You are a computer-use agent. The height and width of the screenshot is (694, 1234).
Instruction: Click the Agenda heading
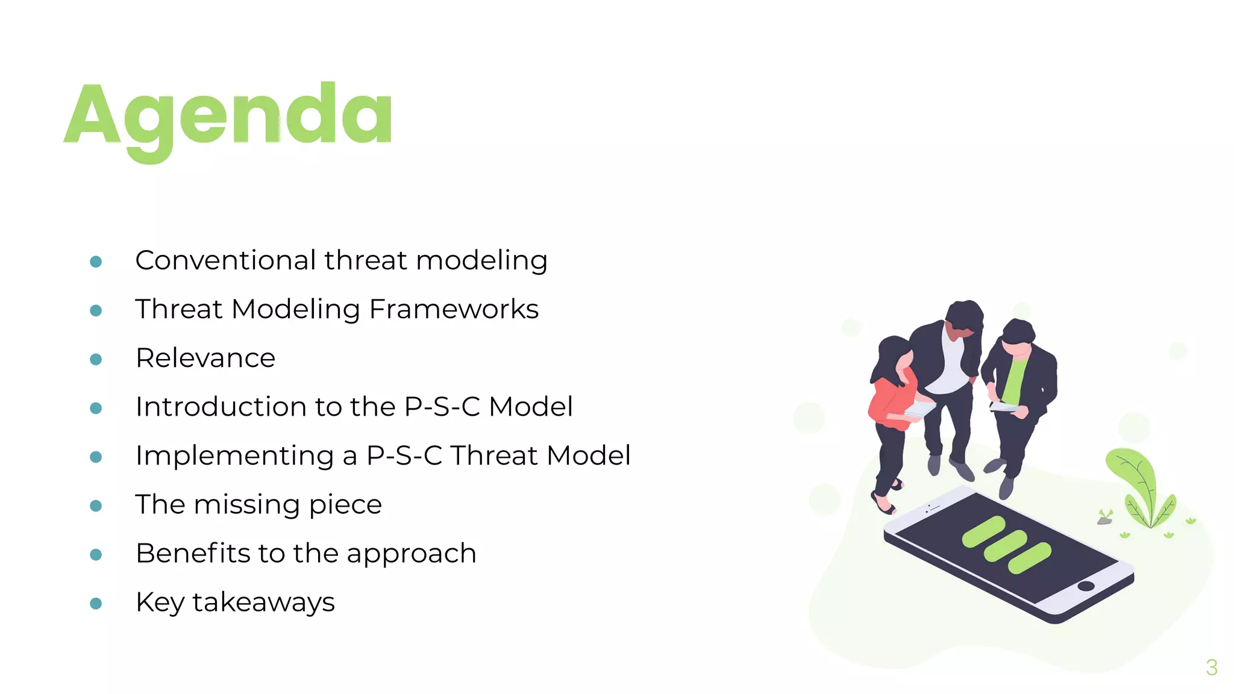click(x=228, y=117)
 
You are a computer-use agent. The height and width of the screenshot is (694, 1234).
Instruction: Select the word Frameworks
click(x=453, y=309)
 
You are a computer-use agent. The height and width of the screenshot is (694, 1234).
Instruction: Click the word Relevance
click(x=205, y=358)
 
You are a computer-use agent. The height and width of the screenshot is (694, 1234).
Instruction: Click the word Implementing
click(x=234, y=455)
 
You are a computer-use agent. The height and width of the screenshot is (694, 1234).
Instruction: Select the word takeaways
click(x=263, y=602)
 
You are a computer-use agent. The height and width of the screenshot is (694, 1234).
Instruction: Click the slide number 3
click(x=1212, y=667)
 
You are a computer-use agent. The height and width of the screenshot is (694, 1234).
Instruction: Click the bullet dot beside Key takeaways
click(x=96, y=603)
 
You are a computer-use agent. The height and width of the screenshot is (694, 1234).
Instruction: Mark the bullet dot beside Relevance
click(x=96, y=359)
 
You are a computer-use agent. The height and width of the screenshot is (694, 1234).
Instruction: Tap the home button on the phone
click(x=1086, y=586)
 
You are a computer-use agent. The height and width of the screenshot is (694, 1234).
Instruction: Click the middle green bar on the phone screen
click(x=1006, y=545)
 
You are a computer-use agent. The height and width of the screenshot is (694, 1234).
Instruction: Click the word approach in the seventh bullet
click(x=411, y=554)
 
